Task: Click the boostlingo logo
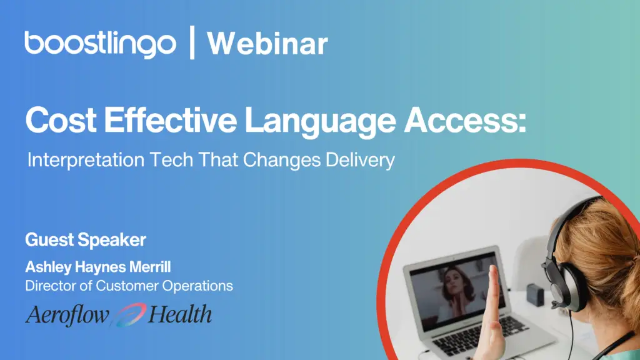point(101,43)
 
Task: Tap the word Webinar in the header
point(267,43)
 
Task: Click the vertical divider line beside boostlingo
point(192,42)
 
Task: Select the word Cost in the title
point(61,120)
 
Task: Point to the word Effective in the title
point(170,119)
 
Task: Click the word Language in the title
point(320,122)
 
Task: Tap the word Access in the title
point(465,120)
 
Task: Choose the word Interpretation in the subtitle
point(86,160)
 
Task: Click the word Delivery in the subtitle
point(360,160)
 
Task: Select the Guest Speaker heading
point(85,240)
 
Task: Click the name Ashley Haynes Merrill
point(98,267)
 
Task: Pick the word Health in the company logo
point(180,314)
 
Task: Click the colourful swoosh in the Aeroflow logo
point(129,315)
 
